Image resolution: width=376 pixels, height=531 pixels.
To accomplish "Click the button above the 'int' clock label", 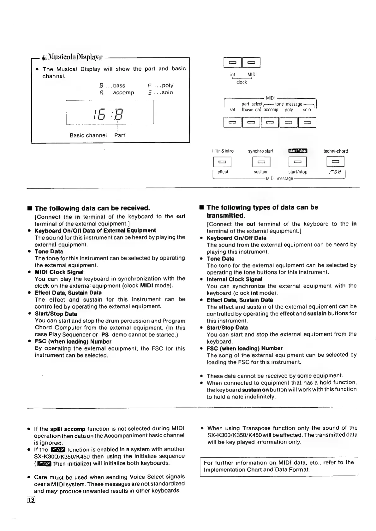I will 233,63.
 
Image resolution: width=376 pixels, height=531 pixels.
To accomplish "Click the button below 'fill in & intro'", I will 223,162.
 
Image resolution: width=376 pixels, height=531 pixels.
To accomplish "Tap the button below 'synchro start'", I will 261,162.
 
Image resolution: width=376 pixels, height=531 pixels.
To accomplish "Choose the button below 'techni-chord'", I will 335,162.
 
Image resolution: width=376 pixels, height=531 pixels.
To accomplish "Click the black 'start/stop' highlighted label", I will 298,151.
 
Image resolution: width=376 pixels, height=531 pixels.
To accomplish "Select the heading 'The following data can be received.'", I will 92,208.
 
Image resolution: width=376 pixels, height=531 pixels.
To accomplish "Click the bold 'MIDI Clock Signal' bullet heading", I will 59,272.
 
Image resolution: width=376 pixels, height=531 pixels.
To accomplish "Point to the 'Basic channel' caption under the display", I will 88,135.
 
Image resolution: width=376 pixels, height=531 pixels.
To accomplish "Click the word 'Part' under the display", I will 120,135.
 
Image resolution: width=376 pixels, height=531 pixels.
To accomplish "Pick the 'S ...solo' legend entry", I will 160,92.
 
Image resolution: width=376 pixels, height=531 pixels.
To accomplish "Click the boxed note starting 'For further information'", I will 279,466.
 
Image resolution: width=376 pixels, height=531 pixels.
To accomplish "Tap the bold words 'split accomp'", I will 68,429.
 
